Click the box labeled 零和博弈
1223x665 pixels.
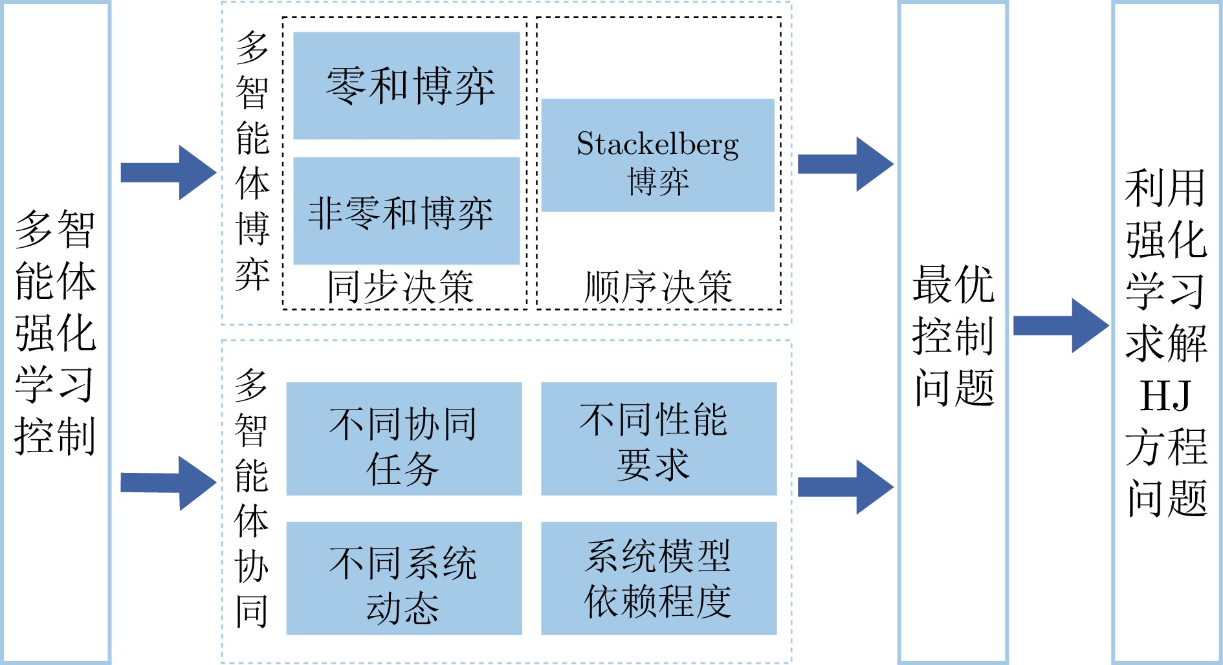[x=406, y=85]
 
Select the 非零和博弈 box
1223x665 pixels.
[x=406, y=211]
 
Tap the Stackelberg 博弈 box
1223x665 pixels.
[x=657, y=155]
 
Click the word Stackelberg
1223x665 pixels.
[x=657, y=144]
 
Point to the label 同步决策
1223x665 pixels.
[x=401, y=287]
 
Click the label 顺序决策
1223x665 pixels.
[x=658, y=287]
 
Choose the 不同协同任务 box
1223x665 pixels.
[x=404, y=439]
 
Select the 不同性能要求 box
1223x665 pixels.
[x=659, y=439]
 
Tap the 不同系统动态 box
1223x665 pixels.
[x=404, y=578]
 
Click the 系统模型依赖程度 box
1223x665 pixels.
[x=659, y=578]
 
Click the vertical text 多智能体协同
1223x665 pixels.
[x=251, y=498]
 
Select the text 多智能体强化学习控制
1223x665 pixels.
[x=56, y=332]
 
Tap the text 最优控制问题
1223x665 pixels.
[x=953, y=335]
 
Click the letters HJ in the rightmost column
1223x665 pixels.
[x=1165, y=396]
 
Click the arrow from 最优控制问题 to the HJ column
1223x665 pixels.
[x=1060, y=325]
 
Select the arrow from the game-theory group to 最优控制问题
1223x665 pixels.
[x=845, y=164]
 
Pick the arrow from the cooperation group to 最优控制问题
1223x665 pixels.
[x=845, y=487]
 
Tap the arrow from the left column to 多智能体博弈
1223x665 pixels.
[x=168, y=172]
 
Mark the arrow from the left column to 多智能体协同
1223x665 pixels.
[x=168, y=483]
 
